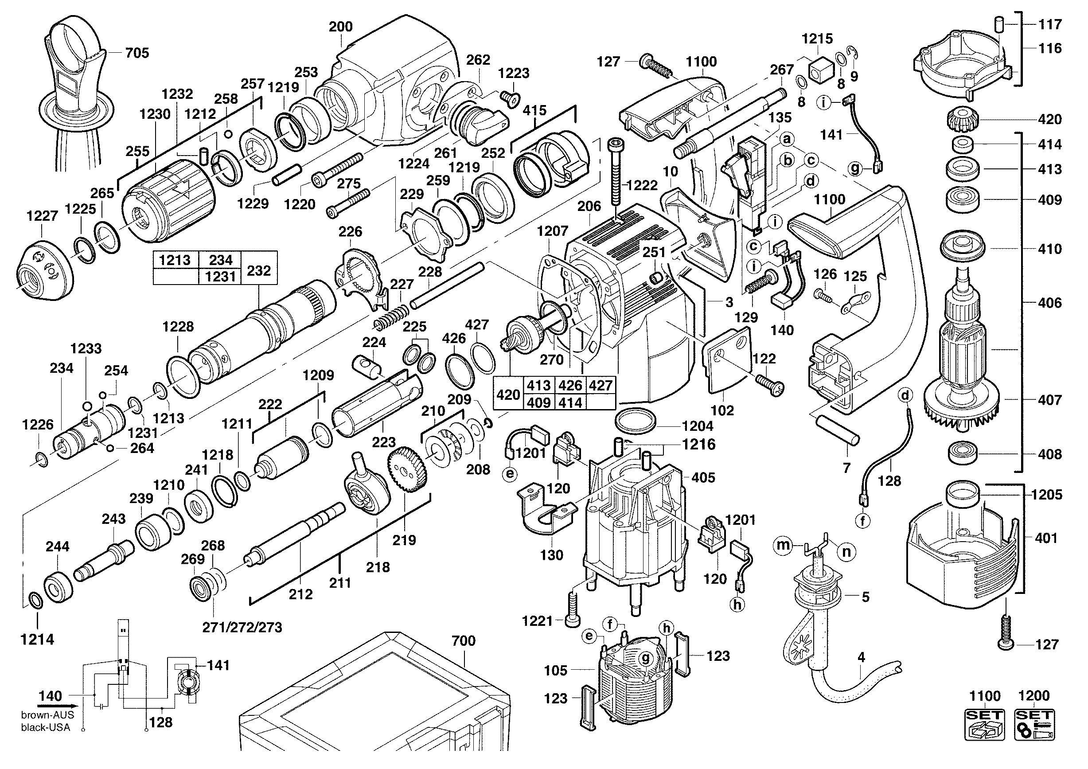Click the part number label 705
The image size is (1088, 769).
(137, 53)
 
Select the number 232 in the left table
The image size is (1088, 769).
(259, 270)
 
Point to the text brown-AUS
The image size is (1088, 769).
(47, 715)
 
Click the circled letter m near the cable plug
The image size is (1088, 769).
(783, 545)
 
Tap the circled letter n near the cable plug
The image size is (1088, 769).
(846, 551)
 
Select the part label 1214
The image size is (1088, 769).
(37, 639)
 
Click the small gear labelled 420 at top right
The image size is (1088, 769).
(962, 119)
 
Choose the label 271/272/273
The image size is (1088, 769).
(242, 627)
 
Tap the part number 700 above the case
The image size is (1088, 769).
(463, 640)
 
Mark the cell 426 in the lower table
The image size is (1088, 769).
(569, 385)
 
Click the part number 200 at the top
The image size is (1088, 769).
(341, 27)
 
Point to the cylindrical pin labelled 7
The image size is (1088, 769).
(837, 430)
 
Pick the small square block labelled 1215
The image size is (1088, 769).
(820, 70)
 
